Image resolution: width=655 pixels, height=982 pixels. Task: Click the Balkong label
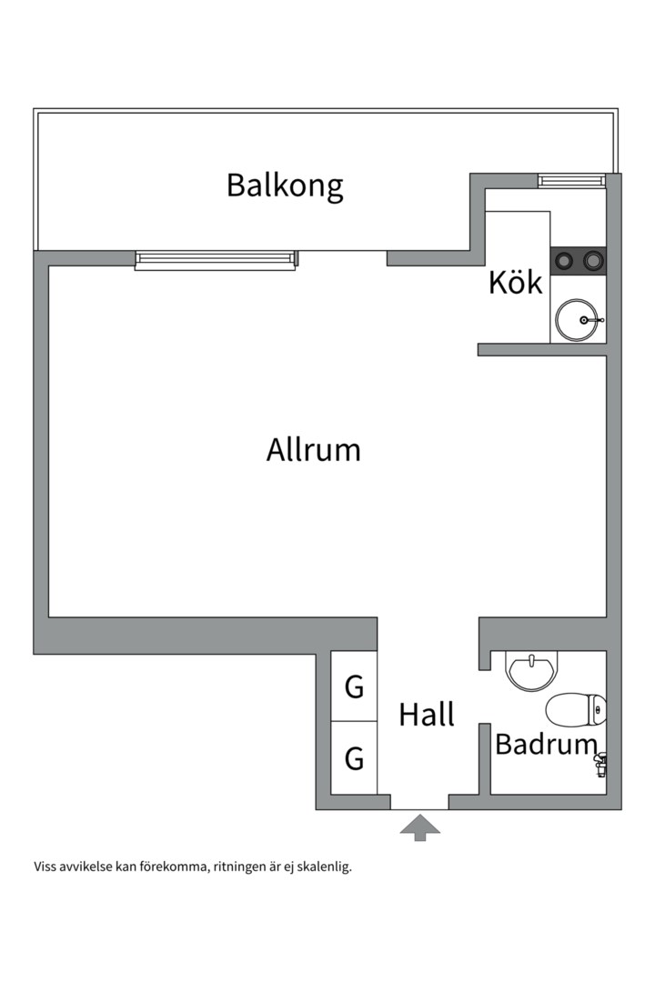tap(285, 185)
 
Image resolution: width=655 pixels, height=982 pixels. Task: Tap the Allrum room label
tap(313, 450)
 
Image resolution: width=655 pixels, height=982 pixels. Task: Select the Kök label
tap(515, 283)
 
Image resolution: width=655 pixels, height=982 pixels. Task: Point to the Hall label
tap(427, 715)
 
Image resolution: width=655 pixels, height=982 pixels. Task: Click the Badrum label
tap(545, 745)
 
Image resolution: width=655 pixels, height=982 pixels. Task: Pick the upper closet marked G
tap(354, 687)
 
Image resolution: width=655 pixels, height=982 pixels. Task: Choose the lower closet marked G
tap(354, 757)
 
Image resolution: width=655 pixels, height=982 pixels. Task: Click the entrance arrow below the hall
tap(419, 827)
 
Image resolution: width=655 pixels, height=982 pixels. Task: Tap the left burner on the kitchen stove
tap(565, 261)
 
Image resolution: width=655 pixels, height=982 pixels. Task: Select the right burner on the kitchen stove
tap(593, 261)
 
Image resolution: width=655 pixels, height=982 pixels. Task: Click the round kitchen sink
tap(577, 321)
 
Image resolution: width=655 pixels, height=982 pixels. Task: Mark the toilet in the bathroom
tap(576, 709)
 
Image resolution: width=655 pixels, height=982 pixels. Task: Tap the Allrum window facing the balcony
tap(216, 260)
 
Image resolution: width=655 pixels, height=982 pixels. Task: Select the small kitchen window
tap(570, 181)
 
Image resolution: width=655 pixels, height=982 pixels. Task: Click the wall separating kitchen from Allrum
tap(541, 349)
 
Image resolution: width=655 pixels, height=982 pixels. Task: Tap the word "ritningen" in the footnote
tap(241, 867)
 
